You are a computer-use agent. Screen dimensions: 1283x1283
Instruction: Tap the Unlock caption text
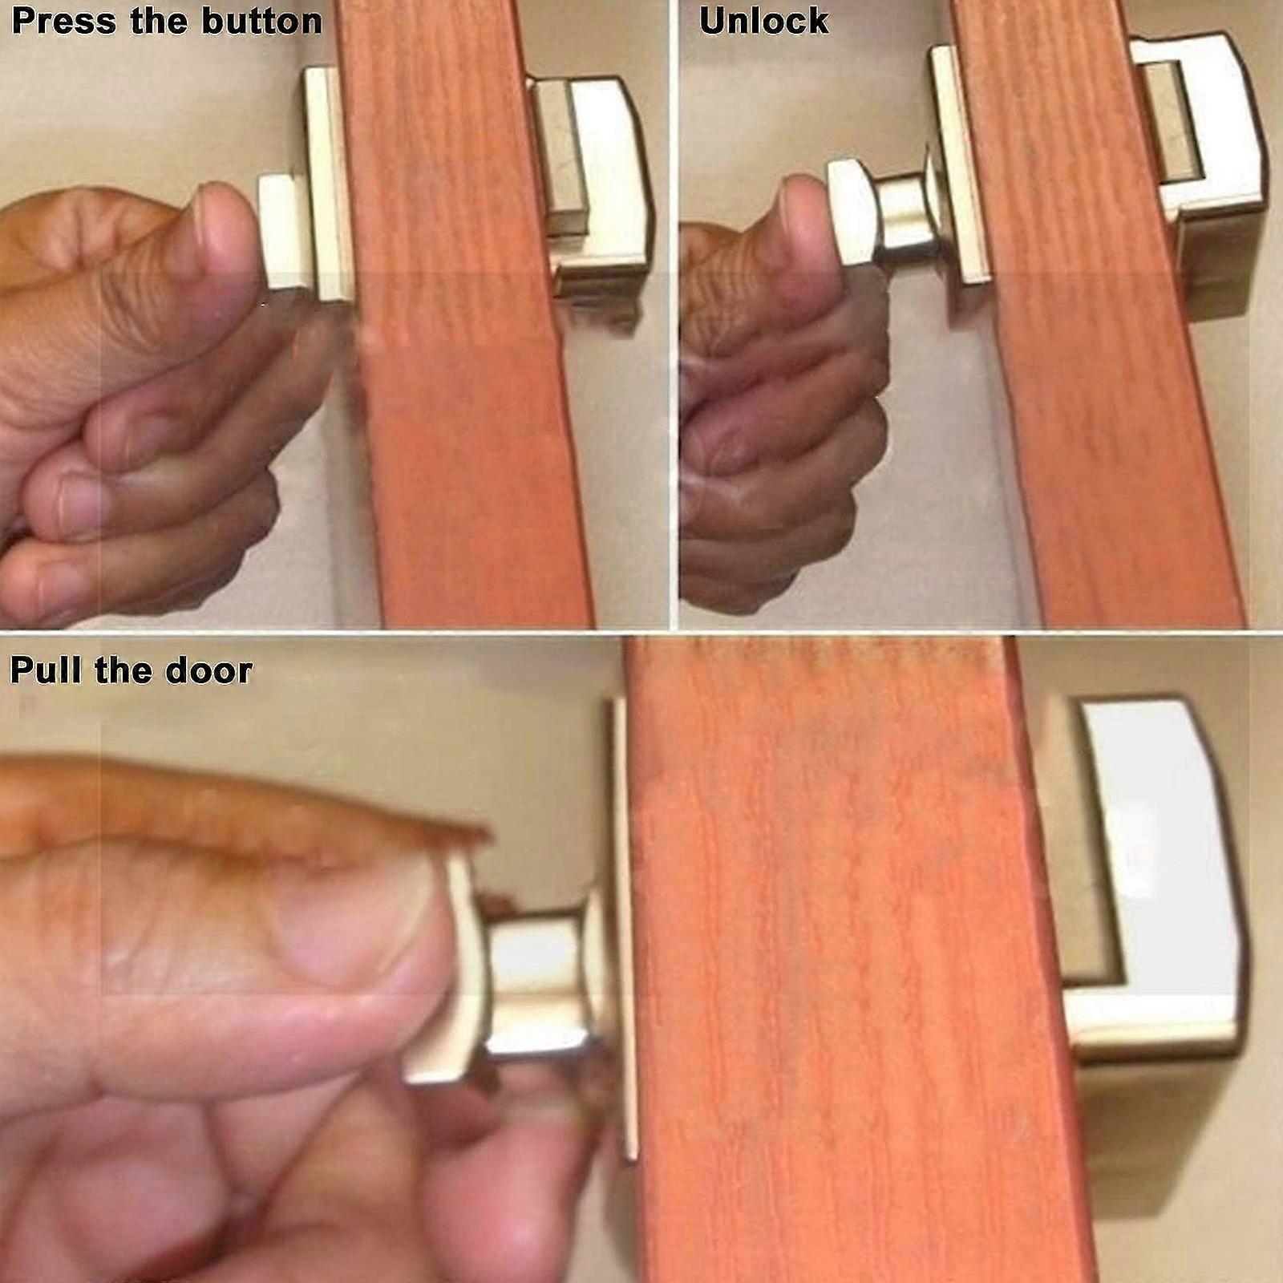click(763, 21)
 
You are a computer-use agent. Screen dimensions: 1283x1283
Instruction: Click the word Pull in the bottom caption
click(45, 670)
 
